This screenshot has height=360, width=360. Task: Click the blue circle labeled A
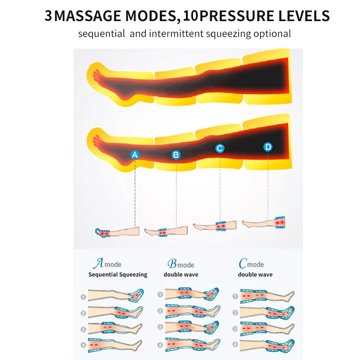[x=135, y=155]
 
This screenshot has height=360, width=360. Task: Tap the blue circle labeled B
[x=176, y=155]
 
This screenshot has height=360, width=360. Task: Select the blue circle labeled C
[x=220, y=148]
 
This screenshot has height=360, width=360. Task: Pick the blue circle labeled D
[x=268, y=146]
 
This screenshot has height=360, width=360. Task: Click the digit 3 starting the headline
[x=48, y=16]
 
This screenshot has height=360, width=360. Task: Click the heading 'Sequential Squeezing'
[x=118, y=275]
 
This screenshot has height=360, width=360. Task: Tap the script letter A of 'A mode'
[x=98, y=263]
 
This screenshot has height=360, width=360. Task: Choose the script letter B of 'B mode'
[x=172, y=263]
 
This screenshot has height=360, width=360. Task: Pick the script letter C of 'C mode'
[x=242, y=263]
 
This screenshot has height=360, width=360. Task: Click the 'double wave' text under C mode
[x=255, y=275]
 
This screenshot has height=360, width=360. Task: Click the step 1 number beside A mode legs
[x=83, y=297]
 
